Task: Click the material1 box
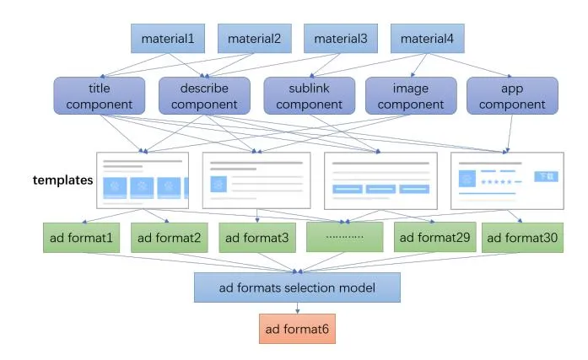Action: click(x=168, y=39)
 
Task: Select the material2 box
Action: click(x=254, y=39)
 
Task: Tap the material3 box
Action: click(x=340, y=39)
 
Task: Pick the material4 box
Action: click(x=427, y=39)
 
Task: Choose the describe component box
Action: click(x=204, y=96)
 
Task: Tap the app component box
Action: click(x=512, y=96)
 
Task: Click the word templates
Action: click(x=62, y=180)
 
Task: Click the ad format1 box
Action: click(x=83, y=238)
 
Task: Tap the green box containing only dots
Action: click(x=344, y=238)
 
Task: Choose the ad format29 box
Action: click(x=432, y=238)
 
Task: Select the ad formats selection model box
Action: click(x=296, y=287)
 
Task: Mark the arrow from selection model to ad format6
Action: click(x=296, y=308)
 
